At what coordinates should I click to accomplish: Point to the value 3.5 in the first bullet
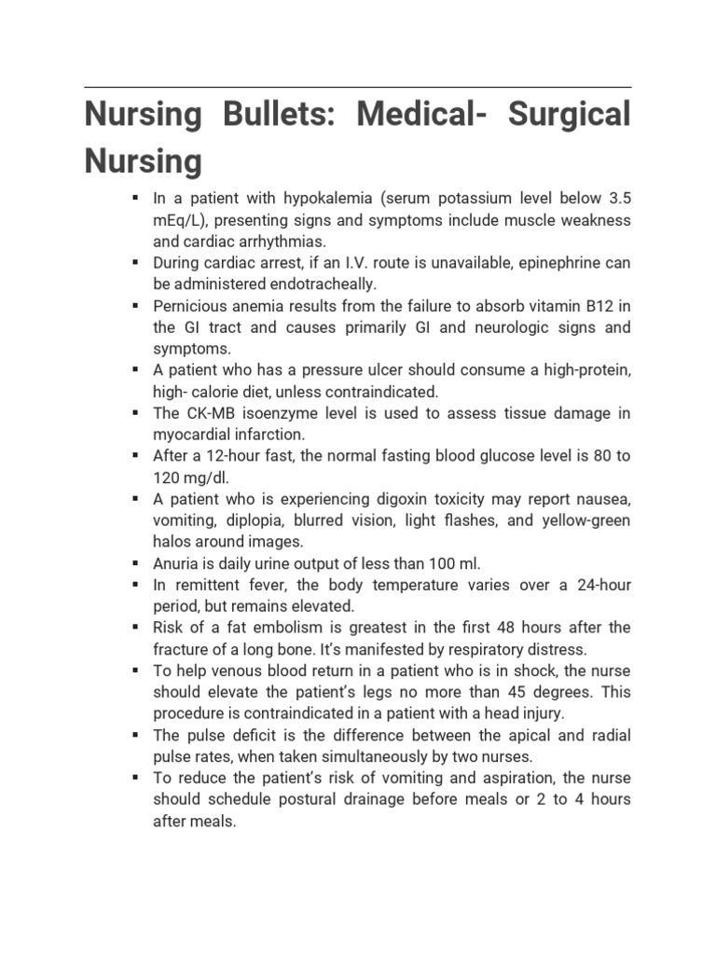click(x=619, y=199)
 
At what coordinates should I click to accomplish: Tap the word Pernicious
click(x=190, y=306)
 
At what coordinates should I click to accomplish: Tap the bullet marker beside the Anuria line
click(x=136, y=562)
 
